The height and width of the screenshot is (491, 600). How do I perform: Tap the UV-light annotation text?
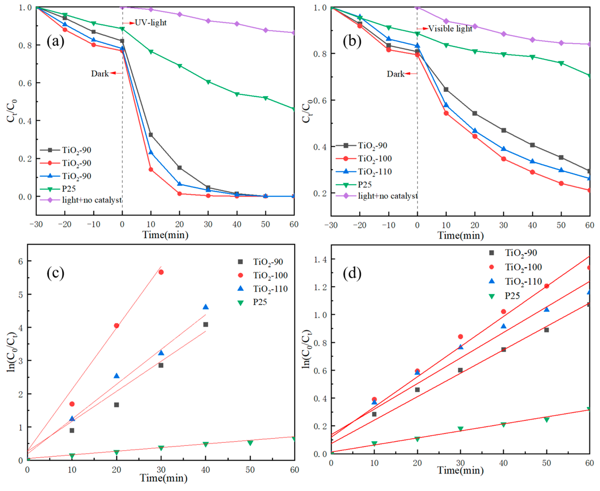pyautogui.click(x=151, y=23)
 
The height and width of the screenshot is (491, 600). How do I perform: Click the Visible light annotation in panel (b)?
pyautogui.click(x=450, y=29)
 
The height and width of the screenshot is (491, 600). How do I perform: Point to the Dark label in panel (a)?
pyautogui.click(x=100, y=73)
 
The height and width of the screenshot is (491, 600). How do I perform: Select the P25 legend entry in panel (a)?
pyautogui.click(x=69, y=189)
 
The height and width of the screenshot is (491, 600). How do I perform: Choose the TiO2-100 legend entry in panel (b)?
pyautogui.click(x=375, y=159)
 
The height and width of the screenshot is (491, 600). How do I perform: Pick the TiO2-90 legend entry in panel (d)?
pyautogui.click(x=521, y=253)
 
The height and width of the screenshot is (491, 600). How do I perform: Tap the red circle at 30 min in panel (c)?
pyautogui.click(x=161, y=272)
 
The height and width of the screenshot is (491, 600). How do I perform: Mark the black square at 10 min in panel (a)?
pyautogui.click(x=151, y=135)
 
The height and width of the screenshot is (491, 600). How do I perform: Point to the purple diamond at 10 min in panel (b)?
pyautogui.click(x=446, y=21)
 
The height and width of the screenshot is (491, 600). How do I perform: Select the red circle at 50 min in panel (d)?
pyautogui.click(x=547, y=286)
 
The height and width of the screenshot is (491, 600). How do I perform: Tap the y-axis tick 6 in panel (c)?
pyautogui.click(x=21, y=261)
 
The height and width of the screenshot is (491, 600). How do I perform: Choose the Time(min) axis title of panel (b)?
pyautogui.click(x=460, y=235)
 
